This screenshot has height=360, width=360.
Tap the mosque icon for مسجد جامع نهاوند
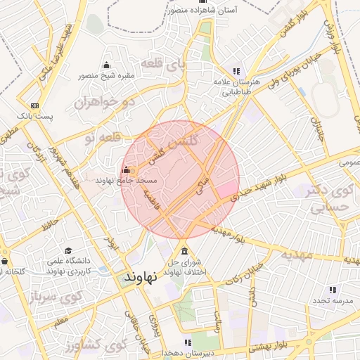coord(126,169)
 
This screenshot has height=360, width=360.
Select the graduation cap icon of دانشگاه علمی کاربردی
coord(67,251)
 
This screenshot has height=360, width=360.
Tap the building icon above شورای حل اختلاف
coord(184,252)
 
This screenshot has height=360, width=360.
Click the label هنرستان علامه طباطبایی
coord(236,86)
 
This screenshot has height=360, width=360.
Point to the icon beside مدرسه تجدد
coord(333,289)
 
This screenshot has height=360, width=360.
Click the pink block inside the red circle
coord(226,188)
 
